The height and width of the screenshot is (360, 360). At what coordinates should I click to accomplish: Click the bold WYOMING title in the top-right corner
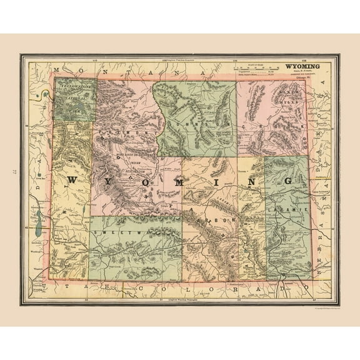[x=303, y=66]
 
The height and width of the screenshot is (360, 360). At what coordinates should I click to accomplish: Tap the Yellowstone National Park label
[x=75, y=96]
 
